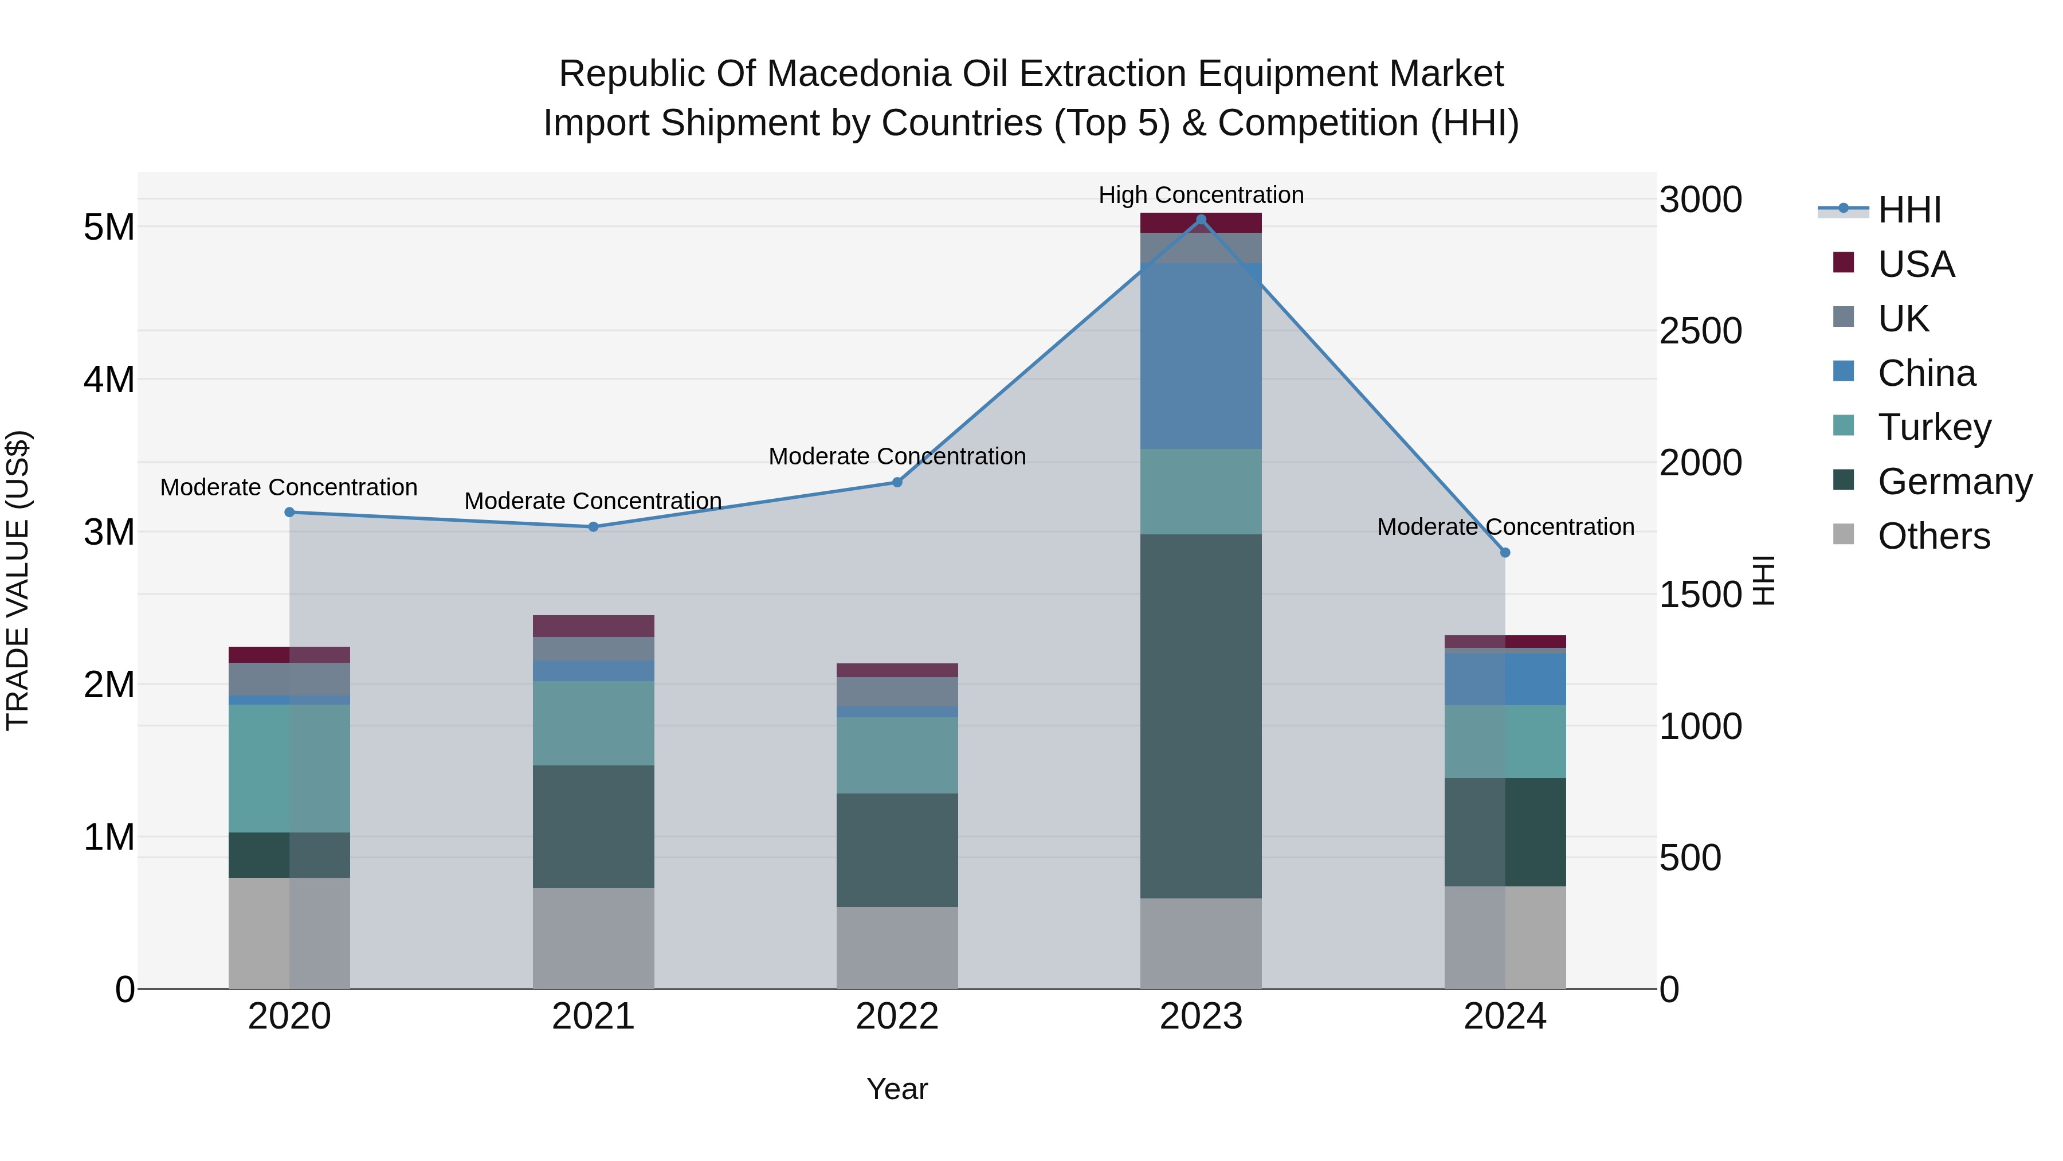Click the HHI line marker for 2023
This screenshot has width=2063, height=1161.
tap(1201, 220)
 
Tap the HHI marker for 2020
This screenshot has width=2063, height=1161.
tap(290, 512)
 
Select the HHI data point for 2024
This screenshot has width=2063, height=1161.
tap(1505, 553)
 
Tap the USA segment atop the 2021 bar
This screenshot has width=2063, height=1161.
tap(594, 626)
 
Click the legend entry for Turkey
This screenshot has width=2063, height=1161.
tap(1933, 427)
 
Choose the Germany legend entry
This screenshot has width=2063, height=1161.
tap(1954, 482)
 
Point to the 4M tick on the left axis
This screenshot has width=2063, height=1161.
tap(109, 380)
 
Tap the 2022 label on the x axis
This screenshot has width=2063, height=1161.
tap(897, 1017)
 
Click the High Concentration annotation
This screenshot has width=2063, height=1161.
tap(1201, 195)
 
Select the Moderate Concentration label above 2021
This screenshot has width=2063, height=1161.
tap(594, 501)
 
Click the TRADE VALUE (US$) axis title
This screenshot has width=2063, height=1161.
tap(18, 580)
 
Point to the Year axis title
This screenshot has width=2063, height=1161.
tap(897, 1089)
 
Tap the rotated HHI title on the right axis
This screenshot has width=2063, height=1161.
tap(1765, 580)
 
